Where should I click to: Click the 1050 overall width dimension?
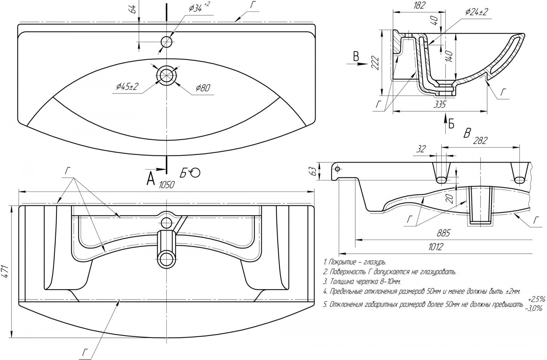[167, 185]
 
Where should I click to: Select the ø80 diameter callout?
[202, 88]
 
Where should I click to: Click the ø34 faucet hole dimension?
[199, 8]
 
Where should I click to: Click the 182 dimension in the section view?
[420, 5]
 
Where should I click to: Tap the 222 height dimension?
[375, 63]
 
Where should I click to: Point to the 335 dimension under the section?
[440, 105]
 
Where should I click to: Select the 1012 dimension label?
[435, 247]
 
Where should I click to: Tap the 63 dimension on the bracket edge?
[314, 171]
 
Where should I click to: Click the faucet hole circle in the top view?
[167, 42]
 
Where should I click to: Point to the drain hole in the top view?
[167, 75]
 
